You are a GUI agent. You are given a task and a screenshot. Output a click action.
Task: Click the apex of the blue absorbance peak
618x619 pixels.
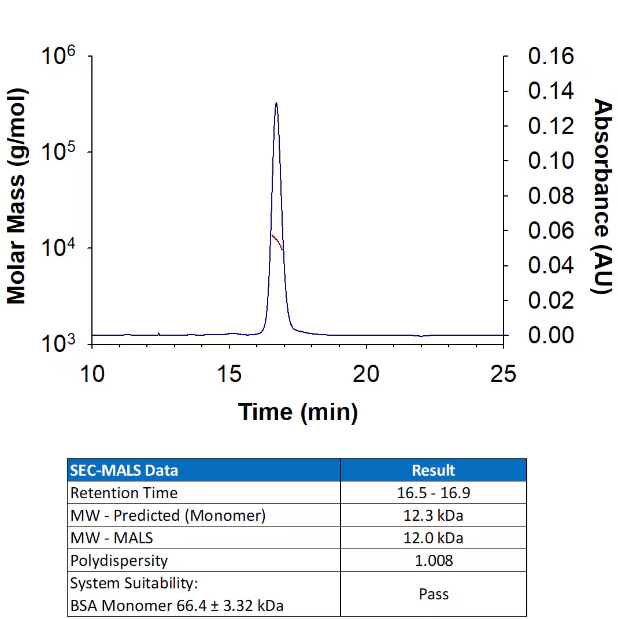tap(276, 104)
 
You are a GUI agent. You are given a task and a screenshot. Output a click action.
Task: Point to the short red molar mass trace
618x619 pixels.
tap(277, 241)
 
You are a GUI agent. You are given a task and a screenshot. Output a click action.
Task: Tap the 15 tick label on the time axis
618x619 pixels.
tap(230, 374)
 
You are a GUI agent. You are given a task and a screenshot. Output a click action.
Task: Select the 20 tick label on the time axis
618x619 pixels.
tap(367, 374)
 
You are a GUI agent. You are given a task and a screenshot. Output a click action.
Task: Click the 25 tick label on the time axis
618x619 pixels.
tap(503, 374)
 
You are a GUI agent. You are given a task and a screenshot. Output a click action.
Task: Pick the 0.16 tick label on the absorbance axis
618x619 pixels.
tap(551, 56)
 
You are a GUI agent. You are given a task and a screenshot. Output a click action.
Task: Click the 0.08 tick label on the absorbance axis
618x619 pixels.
tap(551, 196)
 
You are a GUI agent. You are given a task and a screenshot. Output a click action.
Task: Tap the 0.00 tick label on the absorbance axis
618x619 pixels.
tap(551, 335)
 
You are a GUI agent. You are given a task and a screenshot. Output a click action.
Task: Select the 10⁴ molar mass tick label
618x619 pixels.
tap(60, 250)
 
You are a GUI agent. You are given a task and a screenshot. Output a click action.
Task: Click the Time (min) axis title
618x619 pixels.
tap(298, 412)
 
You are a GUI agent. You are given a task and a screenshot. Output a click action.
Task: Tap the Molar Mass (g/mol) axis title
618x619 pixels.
tap(17, 197)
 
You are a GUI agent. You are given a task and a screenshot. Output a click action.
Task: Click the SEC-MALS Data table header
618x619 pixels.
tap(124, 470)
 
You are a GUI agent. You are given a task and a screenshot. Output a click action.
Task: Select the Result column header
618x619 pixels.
tap(434, 470)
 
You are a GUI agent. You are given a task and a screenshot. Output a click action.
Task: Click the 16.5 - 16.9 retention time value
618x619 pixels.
tap(434, 493)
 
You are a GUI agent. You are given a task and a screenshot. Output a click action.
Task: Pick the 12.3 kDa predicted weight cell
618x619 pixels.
tap(434, 516)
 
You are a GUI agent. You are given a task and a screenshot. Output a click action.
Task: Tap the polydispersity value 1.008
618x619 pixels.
tap(434, 561)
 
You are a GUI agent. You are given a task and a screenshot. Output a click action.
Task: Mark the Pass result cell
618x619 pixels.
tap(434, 594)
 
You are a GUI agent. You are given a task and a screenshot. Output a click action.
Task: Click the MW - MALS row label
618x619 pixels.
tap(112, 538)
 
